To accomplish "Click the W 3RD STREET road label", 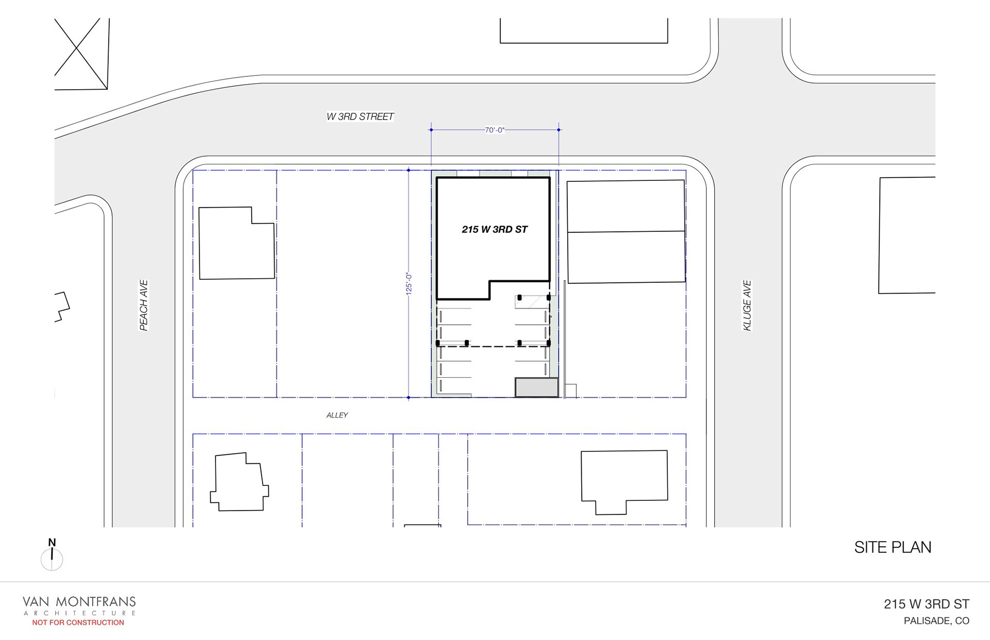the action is (x=360, y=117).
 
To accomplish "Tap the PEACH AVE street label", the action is (x=144, y=305).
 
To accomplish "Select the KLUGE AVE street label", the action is (x=747, y=305).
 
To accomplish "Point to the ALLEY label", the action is (x=337, y=415).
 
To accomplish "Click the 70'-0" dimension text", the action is (x=494, y=130).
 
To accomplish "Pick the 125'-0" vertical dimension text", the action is (x=409, y=283).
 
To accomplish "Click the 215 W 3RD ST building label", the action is (x=494, y=229).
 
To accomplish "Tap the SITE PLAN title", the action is (x=893, y=547).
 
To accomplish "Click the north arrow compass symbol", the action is (x=52, y=560).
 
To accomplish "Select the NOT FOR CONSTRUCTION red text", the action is (x=78, y=622).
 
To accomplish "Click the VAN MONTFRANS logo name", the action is (x=79, y=601).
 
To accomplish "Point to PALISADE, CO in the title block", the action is (x=936, y=621).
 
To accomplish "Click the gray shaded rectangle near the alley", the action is (x=536, y=388).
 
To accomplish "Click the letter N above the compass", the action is (x=52, y=542).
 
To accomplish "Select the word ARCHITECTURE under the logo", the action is (x=79, y=613).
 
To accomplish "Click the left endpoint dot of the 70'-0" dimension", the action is (x=431, y=130).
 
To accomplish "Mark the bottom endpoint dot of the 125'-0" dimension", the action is (x=408, y=397).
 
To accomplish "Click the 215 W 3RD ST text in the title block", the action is (x=926, y=604).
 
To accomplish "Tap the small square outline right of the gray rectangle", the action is (x=571, y=391).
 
